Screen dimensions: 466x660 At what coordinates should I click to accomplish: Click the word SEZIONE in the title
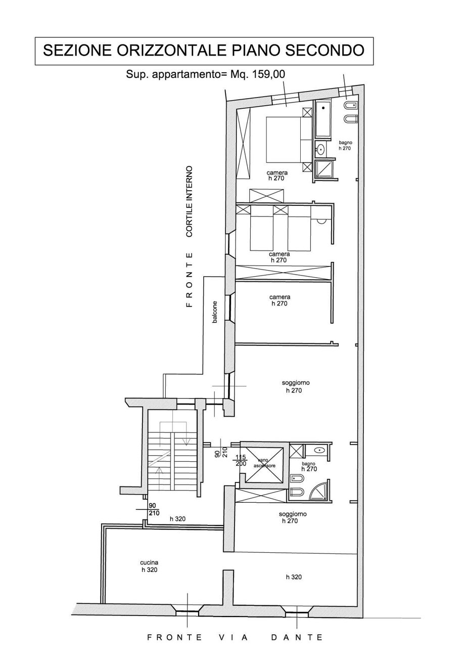point(77,51)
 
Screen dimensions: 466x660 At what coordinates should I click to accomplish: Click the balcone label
point(215,312)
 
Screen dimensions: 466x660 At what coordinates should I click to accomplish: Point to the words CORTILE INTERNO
point(190,201)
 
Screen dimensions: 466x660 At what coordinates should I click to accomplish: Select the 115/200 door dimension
point(241,460)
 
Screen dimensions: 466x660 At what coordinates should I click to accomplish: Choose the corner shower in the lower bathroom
point(319,490)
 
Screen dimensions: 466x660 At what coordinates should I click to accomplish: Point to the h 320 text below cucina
point(149,569)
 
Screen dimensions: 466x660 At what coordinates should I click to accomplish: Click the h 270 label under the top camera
point(277,178)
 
